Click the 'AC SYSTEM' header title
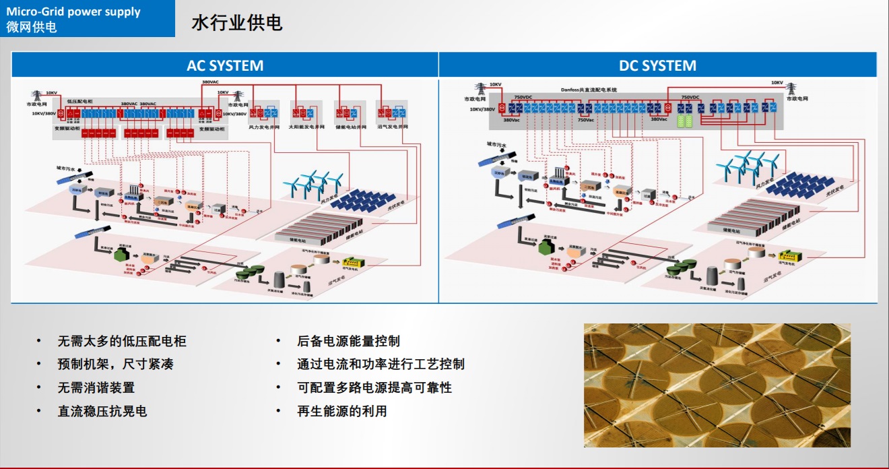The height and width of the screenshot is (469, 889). [225, 65]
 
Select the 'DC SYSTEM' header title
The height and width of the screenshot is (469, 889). [657, 65]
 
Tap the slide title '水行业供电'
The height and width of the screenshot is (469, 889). [236, 23]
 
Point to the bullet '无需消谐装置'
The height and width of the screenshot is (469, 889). [96, 387]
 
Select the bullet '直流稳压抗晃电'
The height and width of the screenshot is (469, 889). [102, 411]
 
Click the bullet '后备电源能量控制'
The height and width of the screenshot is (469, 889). [348, 342]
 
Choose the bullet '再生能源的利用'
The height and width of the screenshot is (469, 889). [342, 411]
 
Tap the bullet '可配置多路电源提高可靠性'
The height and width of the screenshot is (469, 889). [374, 387]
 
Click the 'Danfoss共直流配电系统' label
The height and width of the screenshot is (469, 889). [589, 89]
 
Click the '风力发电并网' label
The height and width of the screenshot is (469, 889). [263, 127]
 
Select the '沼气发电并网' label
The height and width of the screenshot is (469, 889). [392, 127]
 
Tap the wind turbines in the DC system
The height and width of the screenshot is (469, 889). [748, 164]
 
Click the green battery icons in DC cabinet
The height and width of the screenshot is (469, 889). [684, 121]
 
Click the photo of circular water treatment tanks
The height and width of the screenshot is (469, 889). [717, 385]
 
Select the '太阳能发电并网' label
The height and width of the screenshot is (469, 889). [306, 127]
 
